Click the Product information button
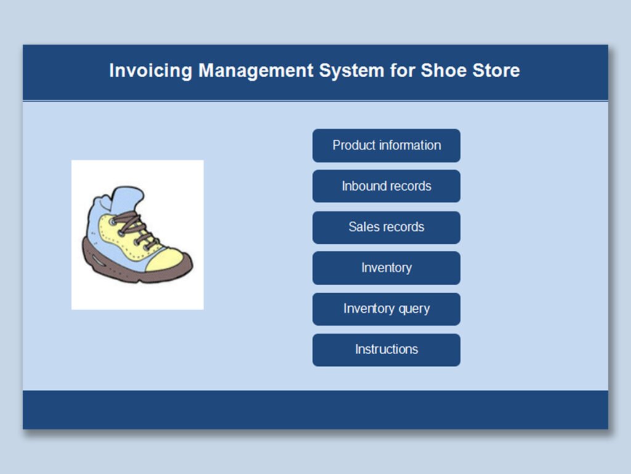click(386, 146)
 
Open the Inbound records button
click(386, 186)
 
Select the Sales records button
click(386, 227)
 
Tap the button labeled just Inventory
click(386, 268)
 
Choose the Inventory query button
click(386, 309)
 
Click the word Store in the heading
click(496, 70)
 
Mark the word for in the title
click(402, 70)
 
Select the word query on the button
click(414, 309)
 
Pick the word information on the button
click(410, 146)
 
